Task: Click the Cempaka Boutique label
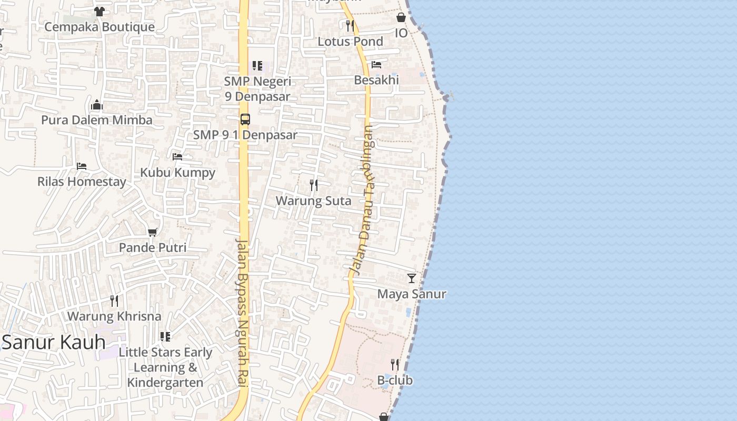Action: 99,27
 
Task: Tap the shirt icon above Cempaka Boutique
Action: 99,11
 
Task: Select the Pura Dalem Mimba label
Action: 97,120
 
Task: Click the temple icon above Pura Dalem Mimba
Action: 96,105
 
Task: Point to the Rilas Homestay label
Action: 82,182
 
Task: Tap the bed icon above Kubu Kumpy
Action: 177,157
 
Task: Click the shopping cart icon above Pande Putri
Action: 153,232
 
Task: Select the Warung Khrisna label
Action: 114,316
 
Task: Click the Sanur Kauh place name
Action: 54,343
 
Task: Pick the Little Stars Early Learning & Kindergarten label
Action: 165,367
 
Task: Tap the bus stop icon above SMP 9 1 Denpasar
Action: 245,119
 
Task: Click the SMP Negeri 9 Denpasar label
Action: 257,89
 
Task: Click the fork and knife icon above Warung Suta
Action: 314,185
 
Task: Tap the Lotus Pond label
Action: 350,41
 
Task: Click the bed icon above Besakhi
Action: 376,65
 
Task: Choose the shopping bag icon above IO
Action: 401,17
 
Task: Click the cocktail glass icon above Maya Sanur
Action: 412,278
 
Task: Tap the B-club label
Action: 395,380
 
